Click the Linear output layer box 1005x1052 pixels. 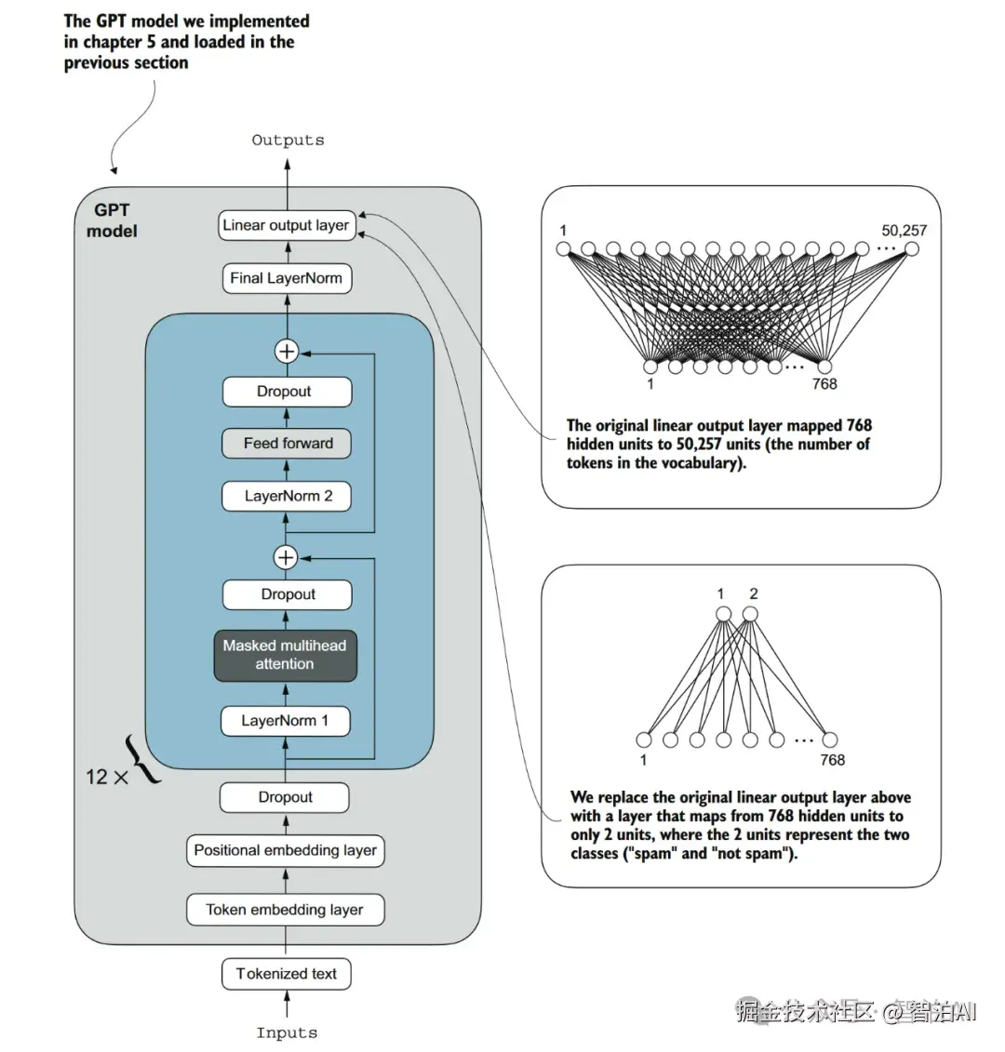point(287,225)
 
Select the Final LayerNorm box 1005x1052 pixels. point(287,278)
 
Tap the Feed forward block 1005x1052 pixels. point(288,444)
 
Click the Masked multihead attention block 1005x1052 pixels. point(285,655)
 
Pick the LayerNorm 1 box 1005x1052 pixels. point(286,721)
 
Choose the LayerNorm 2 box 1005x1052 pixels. point(288,496)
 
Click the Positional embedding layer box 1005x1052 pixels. point(285,850)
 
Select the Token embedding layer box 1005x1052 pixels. point(285,910)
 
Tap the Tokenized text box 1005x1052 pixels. point(286,974)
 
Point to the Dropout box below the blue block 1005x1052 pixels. point(285,797)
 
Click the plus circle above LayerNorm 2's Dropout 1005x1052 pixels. point(286,352)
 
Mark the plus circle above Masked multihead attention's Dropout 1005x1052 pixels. point(286,557)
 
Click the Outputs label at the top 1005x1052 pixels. point(288,140)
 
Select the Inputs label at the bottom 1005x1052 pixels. point(287,1032)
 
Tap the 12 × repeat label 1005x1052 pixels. point(107,777)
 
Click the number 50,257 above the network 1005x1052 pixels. point(904,230)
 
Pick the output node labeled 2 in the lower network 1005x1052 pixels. point(751,614)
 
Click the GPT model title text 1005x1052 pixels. point(112,220)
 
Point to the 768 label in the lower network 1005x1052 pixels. point(832,760)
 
